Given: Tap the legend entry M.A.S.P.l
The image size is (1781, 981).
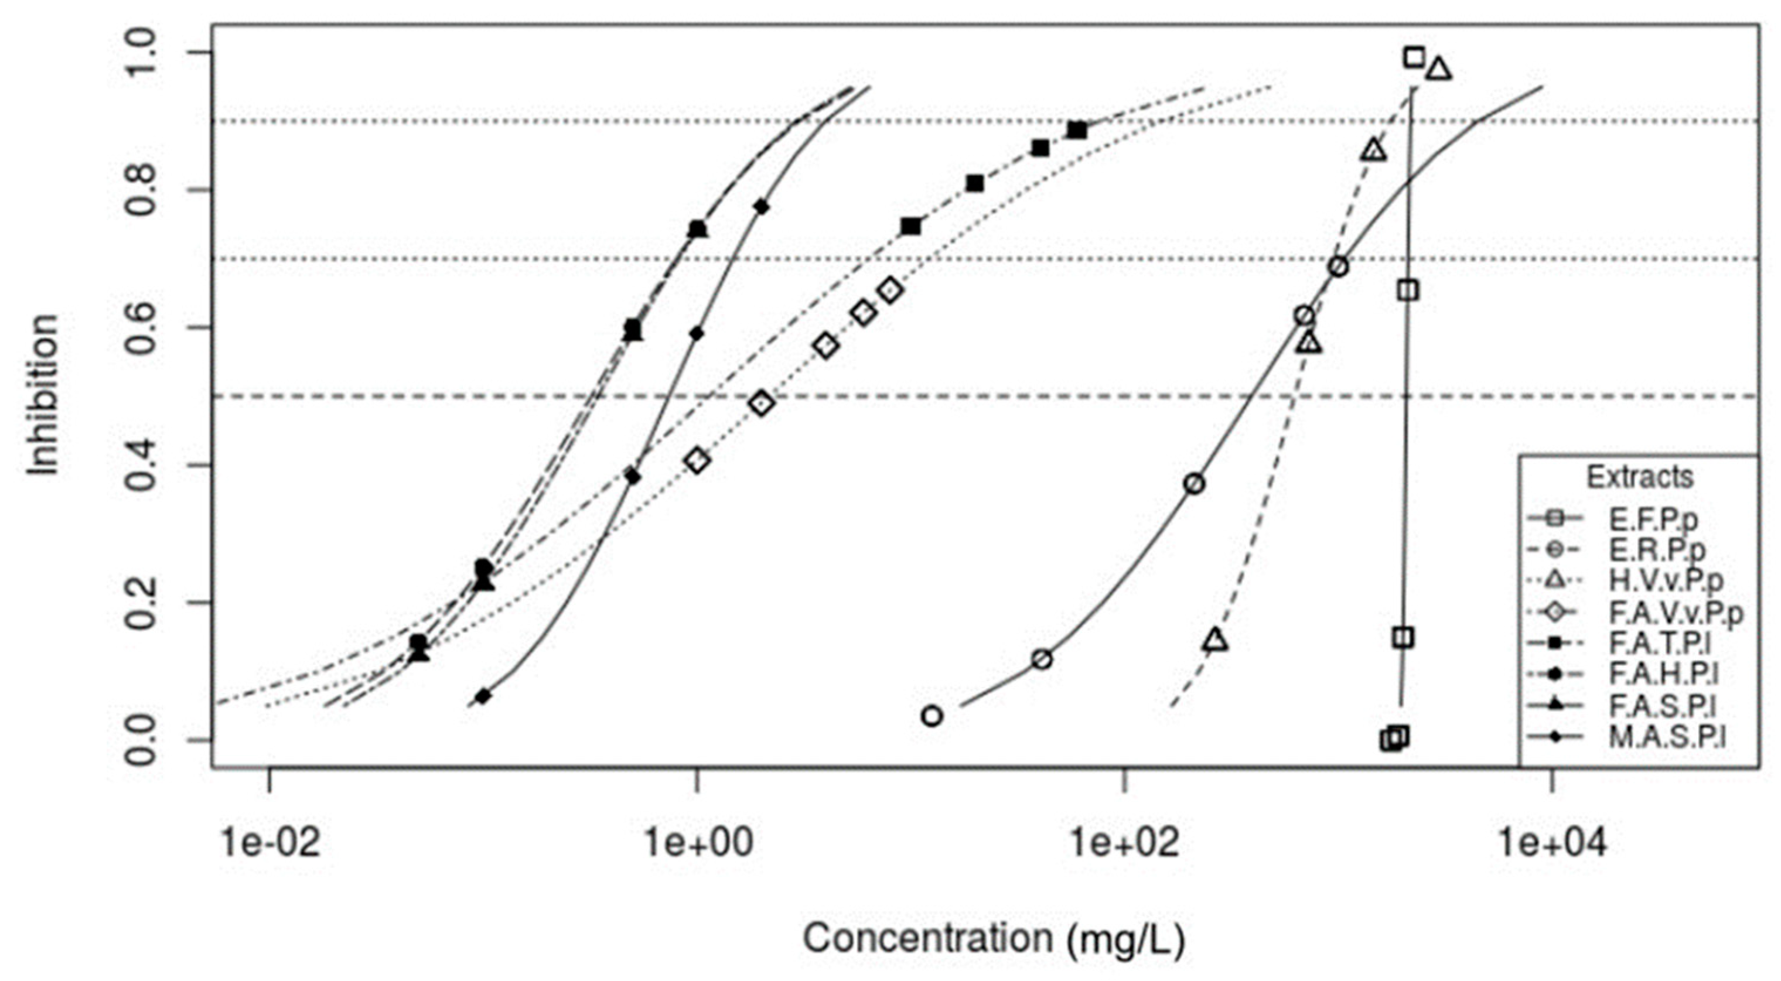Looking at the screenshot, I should point(1666,737).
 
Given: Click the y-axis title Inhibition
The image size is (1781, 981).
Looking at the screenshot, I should point(43,395).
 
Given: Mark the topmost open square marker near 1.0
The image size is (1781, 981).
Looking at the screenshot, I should point(1415,57).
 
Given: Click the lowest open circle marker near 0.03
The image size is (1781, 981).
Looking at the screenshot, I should point(932,716).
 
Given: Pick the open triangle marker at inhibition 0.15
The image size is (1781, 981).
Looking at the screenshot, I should point(1216,641).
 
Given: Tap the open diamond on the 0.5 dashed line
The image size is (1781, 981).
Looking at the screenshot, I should point(761,403).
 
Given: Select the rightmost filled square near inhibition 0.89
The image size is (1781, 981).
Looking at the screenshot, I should point(1076,130).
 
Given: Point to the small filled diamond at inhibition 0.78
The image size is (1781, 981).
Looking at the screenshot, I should point(762,207).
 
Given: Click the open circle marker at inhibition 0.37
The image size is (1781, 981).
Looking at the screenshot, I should point(1194,484).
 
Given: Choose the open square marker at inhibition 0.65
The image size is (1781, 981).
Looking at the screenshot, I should point(1408,290).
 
